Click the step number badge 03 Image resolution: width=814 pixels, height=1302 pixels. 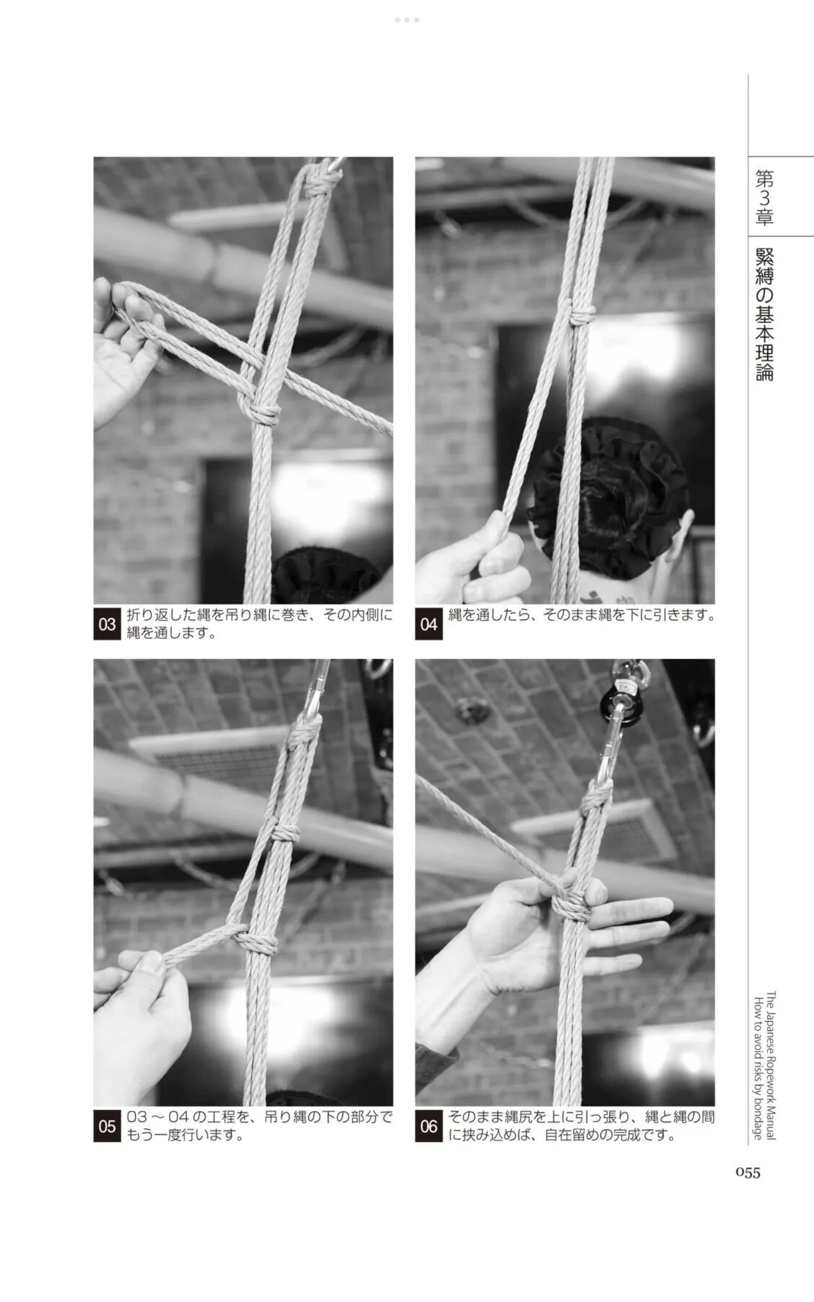click(x=107, y=624)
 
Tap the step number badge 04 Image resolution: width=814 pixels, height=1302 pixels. click(x=429, y=624)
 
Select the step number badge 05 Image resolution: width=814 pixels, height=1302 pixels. click(x=107, y=1126)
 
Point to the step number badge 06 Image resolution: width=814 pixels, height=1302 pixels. click(x=429, y=1126)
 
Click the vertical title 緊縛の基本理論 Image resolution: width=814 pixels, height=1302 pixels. click(x=764, y=314)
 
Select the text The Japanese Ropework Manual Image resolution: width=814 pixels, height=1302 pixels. click(x=771, y=1065)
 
